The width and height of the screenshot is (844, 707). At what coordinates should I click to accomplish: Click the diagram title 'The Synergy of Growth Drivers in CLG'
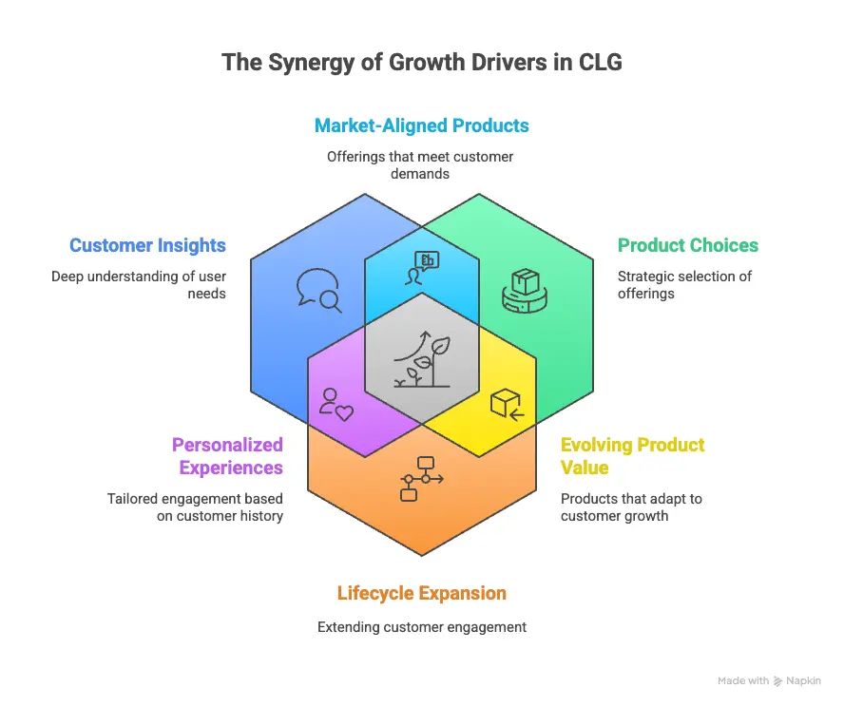[422, 63]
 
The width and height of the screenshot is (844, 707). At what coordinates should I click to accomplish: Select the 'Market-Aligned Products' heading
[422, 125]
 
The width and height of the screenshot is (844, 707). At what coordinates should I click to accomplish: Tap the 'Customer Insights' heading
[147, 245]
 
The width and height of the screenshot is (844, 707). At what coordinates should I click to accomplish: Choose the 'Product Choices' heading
[688, 245]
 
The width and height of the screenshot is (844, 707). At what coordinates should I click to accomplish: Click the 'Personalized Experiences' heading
[227, 456]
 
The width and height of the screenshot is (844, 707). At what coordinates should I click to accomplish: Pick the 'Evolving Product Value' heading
[632, 456]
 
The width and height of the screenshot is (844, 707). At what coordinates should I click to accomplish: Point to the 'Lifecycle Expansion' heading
[422, 593]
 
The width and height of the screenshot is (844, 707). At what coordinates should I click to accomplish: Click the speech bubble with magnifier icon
[318, 290]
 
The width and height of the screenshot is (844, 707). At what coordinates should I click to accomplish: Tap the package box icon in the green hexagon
[526, 290]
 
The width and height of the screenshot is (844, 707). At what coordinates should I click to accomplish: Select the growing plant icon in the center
[422, 360]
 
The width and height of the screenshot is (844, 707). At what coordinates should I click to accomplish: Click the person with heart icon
[336, 404]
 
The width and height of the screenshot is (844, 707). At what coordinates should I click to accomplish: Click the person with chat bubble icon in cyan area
[422, 267]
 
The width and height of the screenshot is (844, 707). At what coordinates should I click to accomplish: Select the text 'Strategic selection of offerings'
[684, 285]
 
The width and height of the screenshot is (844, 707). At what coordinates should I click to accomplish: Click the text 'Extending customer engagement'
[422, 627]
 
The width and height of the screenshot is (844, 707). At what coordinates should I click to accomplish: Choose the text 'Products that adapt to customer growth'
[631, 507]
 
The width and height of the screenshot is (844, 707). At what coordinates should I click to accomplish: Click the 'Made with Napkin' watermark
[769, 680]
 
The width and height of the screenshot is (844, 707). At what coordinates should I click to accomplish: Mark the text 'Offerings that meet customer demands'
[422, 165]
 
